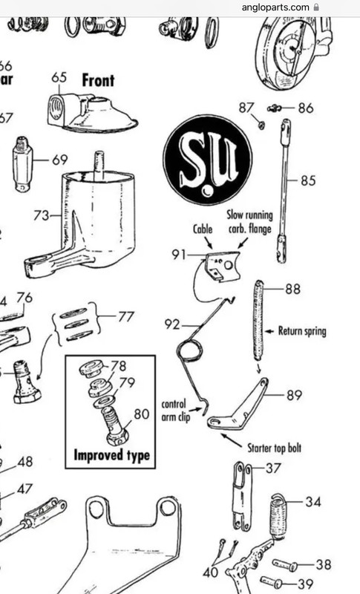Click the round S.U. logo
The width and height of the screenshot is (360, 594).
tap(208, 160)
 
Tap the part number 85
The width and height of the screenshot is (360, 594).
tap(308, 180)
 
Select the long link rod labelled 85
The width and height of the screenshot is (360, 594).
tap(284, 191)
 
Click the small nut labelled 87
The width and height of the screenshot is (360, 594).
tap(261, 124)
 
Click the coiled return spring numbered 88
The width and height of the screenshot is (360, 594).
tap(258, 321)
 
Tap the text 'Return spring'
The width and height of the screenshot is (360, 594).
tap(301, 331)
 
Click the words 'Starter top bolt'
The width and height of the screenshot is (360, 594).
tap(274, 448)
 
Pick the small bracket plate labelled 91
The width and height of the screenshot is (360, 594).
tap(223, 266)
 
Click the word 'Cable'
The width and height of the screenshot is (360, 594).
tap(203, 229)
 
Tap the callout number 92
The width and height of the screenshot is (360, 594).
tap(172, 324)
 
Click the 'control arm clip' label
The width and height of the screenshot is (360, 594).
tap(174, 411)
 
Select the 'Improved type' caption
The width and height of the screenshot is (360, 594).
tap(111, 455)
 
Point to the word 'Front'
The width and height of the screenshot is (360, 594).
tap(98, 80)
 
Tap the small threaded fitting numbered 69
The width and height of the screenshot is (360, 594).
tap(22, 164)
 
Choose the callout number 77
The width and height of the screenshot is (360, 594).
tap(125, 316)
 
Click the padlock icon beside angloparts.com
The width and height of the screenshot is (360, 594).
tap(316, 7)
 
